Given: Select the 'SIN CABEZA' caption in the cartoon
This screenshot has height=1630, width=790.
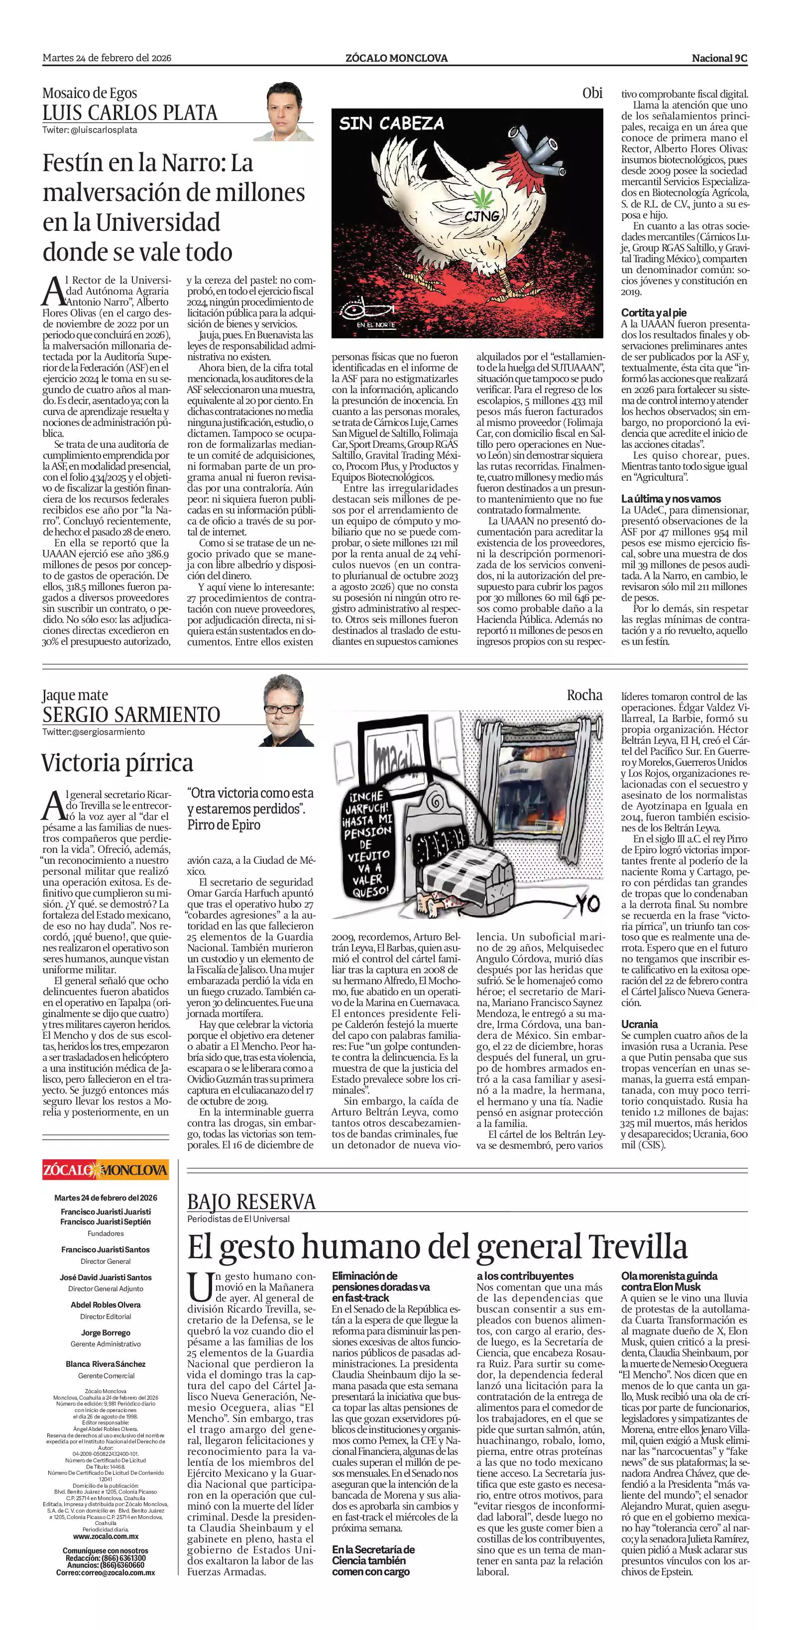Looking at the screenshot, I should (392, 123).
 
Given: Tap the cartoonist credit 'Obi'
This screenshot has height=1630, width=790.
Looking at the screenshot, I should (592, 93).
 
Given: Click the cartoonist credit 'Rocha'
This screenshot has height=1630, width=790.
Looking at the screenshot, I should (584, 695).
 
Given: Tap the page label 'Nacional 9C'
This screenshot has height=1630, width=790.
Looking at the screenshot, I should (719, 58).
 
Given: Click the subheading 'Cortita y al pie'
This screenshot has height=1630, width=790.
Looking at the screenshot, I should (653, 312).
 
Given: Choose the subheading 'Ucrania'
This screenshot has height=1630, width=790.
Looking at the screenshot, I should (639, 1024).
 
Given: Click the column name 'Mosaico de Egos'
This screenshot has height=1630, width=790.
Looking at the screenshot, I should (90, 93).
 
